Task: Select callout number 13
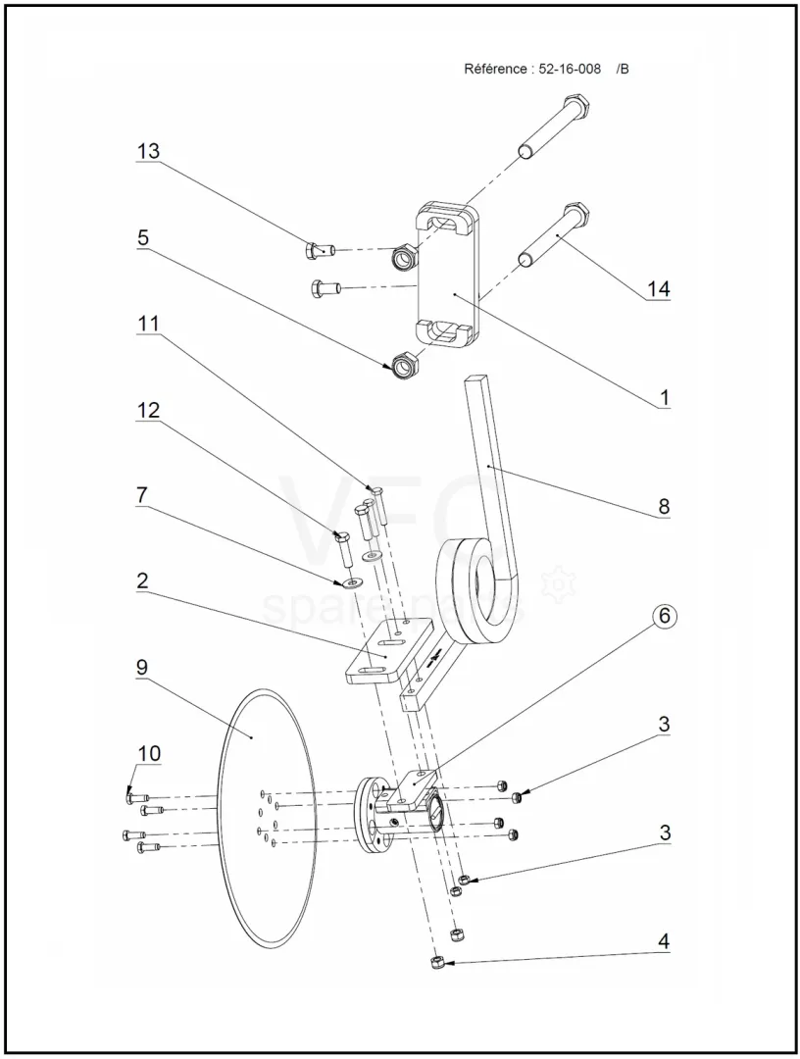[148, 152]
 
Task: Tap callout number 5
[142, 237]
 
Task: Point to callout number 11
[150, 323]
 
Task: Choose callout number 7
[142, 495]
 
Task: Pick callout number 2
[142, 580]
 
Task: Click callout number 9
[142, 667]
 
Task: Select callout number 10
[148, 753]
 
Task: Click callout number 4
[664, 941]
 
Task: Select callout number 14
[658, 290]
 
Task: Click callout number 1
[664, 398]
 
